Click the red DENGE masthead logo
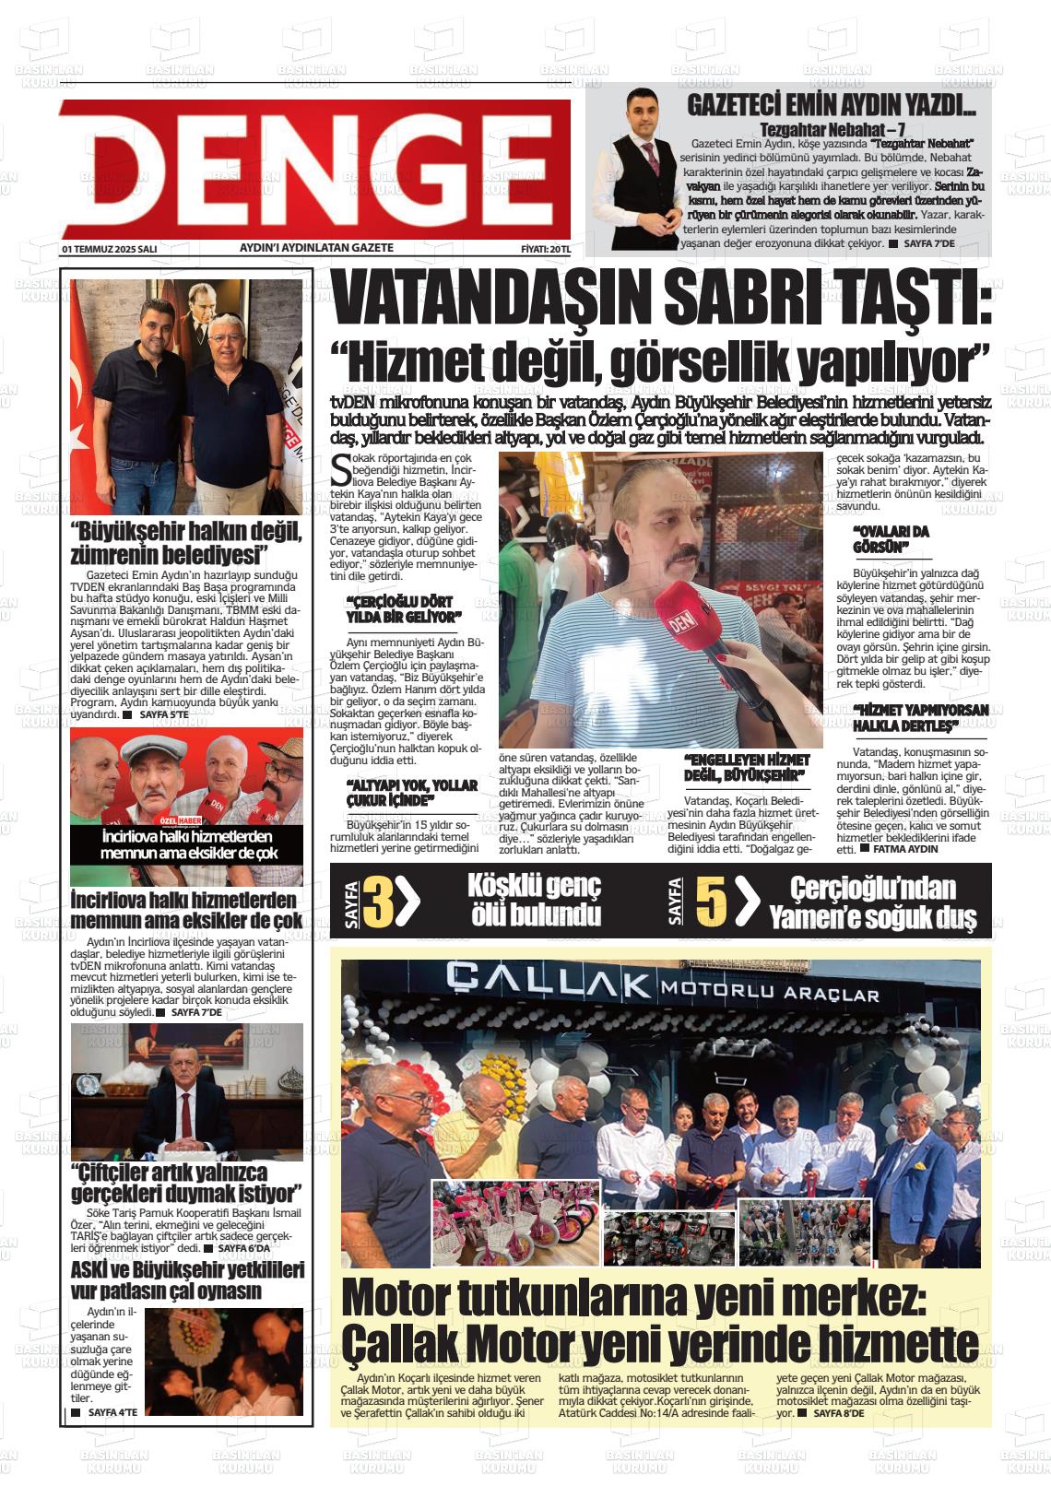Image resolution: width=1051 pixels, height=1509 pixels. coord(314,169)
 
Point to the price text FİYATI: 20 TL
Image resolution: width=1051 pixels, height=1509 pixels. coord(546,249)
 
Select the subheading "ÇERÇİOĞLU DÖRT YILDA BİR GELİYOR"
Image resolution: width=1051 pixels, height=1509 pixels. coord(403,608)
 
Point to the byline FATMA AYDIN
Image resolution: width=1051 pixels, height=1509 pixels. coord(904,848)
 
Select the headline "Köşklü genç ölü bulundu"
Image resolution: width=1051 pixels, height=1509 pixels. coord(535,900)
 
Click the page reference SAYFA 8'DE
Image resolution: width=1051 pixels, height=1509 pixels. coord(839,1412)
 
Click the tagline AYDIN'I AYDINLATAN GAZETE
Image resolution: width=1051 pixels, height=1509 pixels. coord(316,248)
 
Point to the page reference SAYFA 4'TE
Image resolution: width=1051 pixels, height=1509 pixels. coord(112,1412)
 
